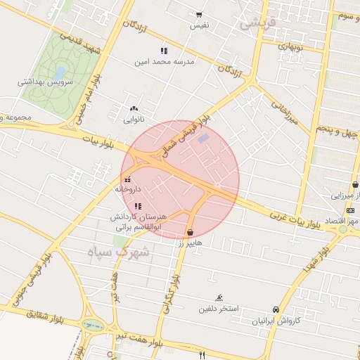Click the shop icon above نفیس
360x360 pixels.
[199, 15]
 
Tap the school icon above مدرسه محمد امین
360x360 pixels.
[164, 51]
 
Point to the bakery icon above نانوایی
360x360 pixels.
[134, 109]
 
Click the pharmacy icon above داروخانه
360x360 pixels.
[128, 179]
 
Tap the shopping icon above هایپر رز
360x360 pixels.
[190, 232]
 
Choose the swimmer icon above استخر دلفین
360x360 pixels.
[219, 298]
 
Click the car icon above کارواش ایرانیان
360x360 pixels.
[276, 309]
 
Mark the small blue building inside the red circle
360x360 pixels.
[203, 139]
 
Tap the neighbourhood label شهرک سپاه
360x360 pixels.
[120, 252]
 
